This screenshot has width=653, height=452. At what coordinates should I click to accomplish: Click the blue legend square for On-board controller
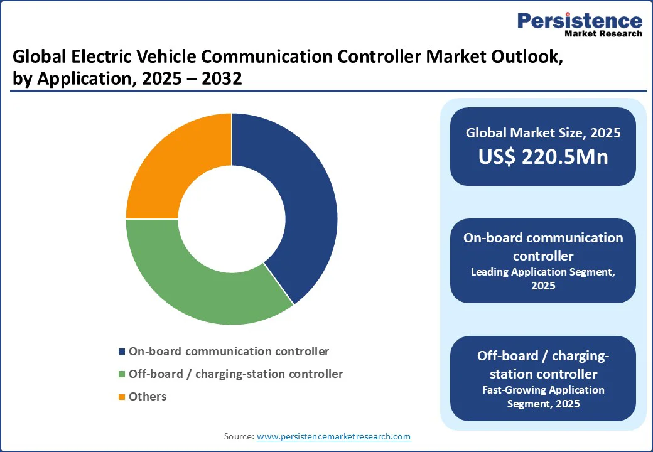coord(122,352)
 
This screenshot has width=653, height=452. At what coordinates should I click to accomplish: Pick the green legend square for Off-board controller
coord(122,374)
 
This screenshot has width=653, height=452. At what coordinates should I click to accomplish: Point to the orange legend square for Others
coord(122,397)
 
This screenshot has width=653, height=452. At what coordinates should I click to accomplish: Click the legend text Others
coord(148,397)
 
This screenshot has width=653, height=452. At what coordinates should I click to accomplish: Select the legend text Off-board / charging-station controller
coord(235,374)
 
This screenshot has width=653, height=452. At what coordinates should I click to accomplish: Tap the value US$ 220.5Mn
coord(543,157)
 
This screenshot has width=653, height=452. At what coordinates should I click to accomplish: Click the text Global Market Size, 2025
coord(543,133)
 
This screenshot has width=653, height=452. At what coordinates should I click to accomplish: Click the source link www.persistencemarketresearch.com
coord(333,436)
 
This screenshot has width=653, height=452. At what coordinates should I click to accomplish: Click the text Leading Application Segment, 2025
coord(543,279)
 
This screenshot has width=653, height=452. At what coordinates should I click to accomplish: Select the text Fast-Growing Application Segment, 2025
coord(543,397)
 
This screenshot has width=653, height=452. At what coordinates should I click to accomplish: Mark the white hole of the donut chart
coord(232,219)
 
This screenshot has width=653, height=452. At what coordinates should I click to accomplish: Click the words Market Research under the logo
coord(603,33)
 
